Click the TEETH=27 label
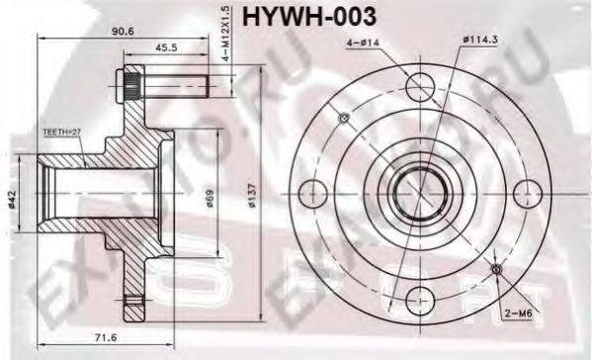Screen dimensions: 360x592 pyautogui.click(x=62, y=131)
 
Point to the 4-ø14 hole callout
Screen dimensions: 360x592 pyautogui.click(x=364, y=44)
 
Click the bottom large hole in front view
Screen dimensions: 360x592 pyautogui.click(x=421, y=296)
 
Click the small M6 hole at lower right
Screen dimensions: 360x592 pyautogui.click(x=497, y=269)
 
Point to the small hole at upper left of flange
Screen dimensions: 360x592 pyautogui.click(x=344, y=119)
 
